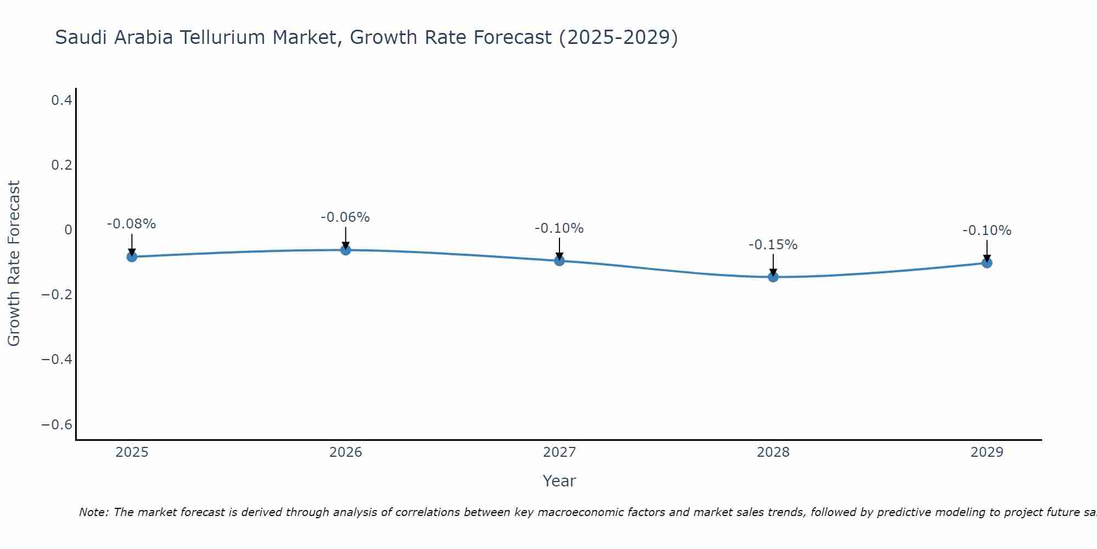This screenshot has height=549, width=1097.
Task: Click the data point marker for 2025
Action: pyautogui.click(x=132, y=256)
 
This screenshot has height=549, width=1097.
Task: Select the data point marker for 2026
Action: pyautogui.click(x=346, y=250)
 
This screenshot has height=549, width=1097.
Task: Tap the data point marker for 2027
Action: pyautogui.click(x=559, y=261)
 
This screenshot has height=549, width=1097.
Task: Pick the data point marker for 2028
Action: pyautogui.click(x=773, y=277)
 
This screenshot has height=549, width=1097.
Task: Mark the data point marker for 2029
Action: pyautogui.click(x=987, y=262)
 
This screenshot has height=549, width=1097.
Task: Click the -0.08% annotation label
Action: pyautogui.click(x=132, y=224)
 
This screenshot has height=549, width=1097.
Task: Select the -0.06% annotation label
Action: pyautogui.click(x=346, y=217)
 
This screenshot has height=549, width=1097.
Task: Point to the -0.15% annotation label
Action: pyautogui.click(x=773, y=245)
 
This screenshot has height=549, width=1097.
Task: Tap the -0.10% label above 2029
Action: pyautogui.click(x=987, y=231)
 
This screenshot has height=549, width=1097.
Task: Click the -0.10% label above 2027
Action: pyautogui.click(x=559, y=228)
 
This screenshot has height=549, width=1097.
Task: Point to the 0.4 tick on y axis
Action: pyautogui.click(x=61, y=100)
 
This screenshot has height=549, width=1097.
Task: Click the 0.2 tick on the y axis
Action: pyautogui.click(x=61, y=165)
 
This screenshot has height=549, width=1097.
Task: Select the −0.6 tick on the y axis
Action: pyautogui.click(x=57, y=424)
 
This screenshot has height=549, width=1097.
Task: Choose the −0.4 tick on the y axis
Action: pyautogui.click(x=57, y=359)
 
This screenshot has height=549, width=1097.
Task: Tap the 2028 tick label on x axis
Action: pyautogui.click(x=773, y=452)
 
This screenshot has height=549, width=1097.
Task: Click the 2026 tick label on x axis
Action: pyautogui.click(x=346, y=452)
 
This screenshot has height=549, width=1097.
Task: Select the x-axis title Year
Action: pyautogui.click(x=559, y=481)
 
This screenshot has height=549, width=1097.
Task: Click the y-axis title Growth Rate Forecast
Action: pyautogui.click(x=14, y=264)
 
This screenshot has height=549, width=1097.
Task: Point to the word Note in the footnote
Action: pyautogui.click(x=94, y=512)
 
